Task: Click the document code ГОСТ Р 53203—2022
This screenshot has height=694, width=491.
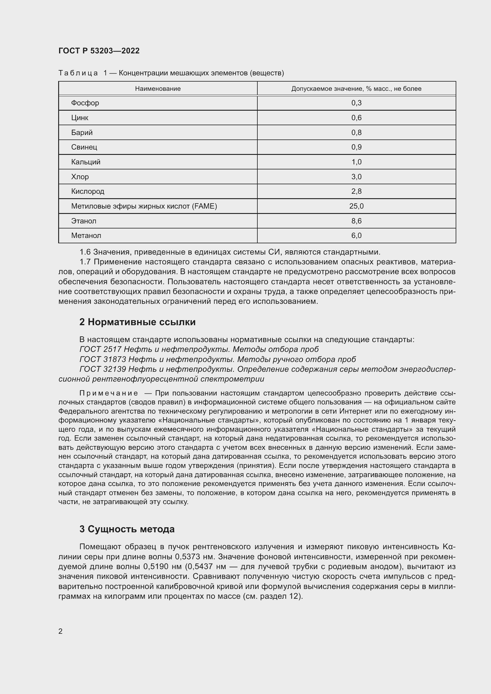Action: [x=99, y=51]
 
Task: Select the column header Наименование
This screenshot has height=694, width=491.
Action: [x=158, y=88]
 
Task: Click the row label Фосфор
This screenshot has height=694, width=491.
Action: [x=85, y=103]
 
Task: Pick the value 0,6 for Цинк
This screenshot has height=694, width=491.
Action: [x=356, y=117]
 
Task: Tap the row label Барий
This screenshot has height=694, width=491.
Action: [x=82, y=132]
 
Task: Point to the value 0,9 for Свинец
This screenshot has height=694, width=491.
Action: [x=356, y=147]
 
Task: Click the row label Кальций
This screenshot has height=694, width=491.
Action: [x=85, y=162]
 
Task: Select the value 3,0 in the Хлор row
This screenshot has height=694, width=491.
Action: [x=356, y=177]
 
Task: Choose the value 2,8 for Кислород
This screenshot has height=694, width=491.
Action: [x=356, y=191]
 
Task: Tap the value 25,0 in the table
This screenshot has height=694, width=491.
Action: [x=356, y=206]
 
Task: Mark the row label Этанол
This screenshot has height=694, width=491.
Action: [x=83, y=221]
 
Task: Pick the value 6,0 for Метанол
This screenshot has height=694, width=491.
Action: [x=356, y=236]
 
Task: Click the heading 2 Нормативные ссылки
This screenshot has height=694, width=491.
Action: [x=137, y=322]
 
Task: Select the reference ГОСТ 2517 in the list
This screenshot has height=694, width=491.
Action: [x=100, y=350]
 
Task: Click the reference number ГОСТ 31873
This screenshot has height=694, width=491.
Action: [x=102, y=359]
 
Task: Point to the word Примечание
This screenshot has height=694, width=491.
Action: [x=109, y=393]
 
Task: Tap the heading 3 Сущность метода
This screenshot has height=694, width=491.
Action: [x=127, y=529]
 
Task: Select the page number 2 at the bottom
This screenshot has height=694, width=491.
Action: [x=61, y=631]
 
